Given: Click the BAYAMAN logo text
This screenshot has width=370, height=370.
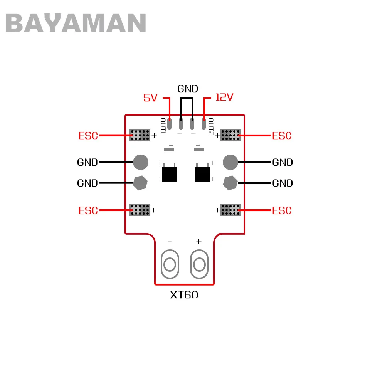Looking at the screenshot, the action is click(x=76, y=23).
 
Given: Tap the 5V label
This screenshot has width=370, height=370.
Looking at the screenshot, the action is click(x=151, y=98).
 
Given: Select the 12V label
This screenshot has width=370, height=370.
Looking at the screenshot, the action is click(x=224, y=97).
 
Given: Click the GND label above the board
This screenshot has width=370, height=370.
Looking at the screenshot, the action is click(x=188, y=89).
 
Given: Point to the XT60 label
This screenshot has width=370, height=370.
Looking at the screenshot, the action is click(x=184, y=295).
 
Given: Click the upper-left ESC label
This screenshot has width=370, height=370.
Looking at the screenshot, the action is click(x=88, y=136).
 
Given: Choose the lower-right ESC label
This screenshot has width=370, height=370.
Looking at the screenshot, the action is click(x=282, y=210).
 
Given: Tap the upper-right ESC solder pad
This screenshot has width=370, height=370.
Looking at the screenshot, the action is click(x=230, y=135).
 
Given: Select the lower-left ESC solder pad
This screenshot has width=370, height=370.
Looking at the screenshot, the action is click(x=140, y=210).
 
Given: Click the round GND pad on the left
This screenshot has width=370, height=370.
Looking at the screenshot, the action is click(x=141, y=162).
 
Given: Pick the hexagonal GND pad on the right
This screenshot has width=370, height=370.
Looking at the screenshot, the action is click(x=230, y=183).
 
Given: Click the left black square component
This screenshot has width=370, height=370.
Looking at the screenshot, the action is click(x=169, y=174).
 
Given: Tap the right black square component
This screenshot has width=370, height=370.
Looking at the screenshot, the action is click(x=202, y=174).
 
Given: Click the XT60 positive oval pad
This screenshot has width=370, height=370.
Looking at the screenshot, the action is click(x=199, y=264).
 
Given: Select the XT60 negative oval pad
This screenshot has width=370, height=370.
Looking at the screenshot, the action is click(x=170, y=264).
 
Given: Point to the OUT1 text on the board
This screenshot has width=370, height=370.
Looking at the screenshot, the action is click(x=163, y=126).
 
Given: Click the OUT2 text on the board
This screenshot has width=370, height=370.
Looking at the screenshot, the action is click(x=211, y=127).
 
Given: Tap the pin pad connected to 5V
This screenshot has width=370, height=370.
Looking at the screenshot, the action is click(x=170, y=124).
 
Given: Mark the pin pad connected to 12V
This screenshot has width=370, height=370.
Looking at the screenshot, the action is click(x=203, y=124).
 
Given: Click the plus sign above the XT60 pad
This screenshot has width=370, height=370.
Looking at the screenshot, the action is click(x=199, y=241).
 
